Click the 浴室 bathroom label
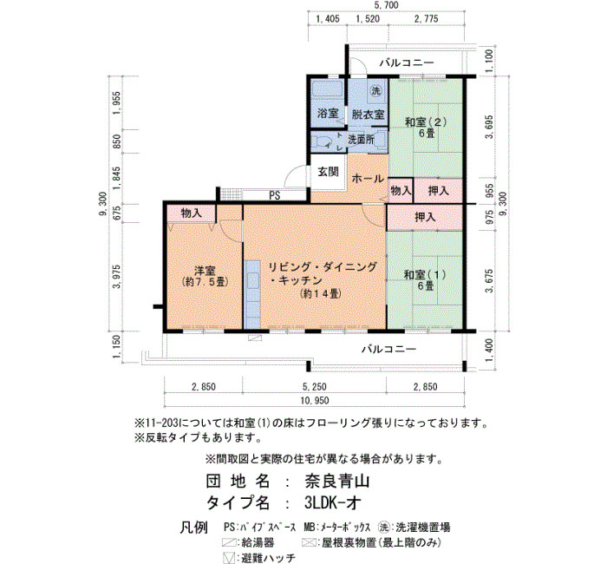(x=328, y=114)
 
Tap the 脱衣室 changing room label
(x=368, y=115)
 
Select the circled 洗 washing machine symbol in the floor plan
(x=375, y=90)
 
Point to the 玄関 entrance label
(x=329, y=172)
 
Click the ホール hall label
(x=368, y=179)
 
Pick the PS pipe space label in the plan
(x=275, y=195)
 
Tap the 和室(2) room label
(x=426, y=122)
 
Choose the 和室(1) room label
(x=425, y=275)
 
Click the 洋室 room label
(x=205, y=271)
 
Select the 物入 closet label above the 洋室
(x=192, y=213)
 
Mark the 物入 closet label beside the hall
(x=401, y=191)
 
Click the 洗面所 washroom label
(x=361, y=140)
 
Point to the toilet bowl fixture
(x=320, y=142)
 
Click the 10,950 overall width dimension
(x=314, y=401)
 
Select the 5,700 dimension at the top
(x=386, y=5)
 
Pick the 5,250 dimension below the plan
(x=314, y=387)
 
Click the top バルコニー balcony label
(x=407, y=62)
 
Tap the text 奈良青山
(x=336, y=481)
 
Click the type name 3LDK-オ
(x=332, y=502)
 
